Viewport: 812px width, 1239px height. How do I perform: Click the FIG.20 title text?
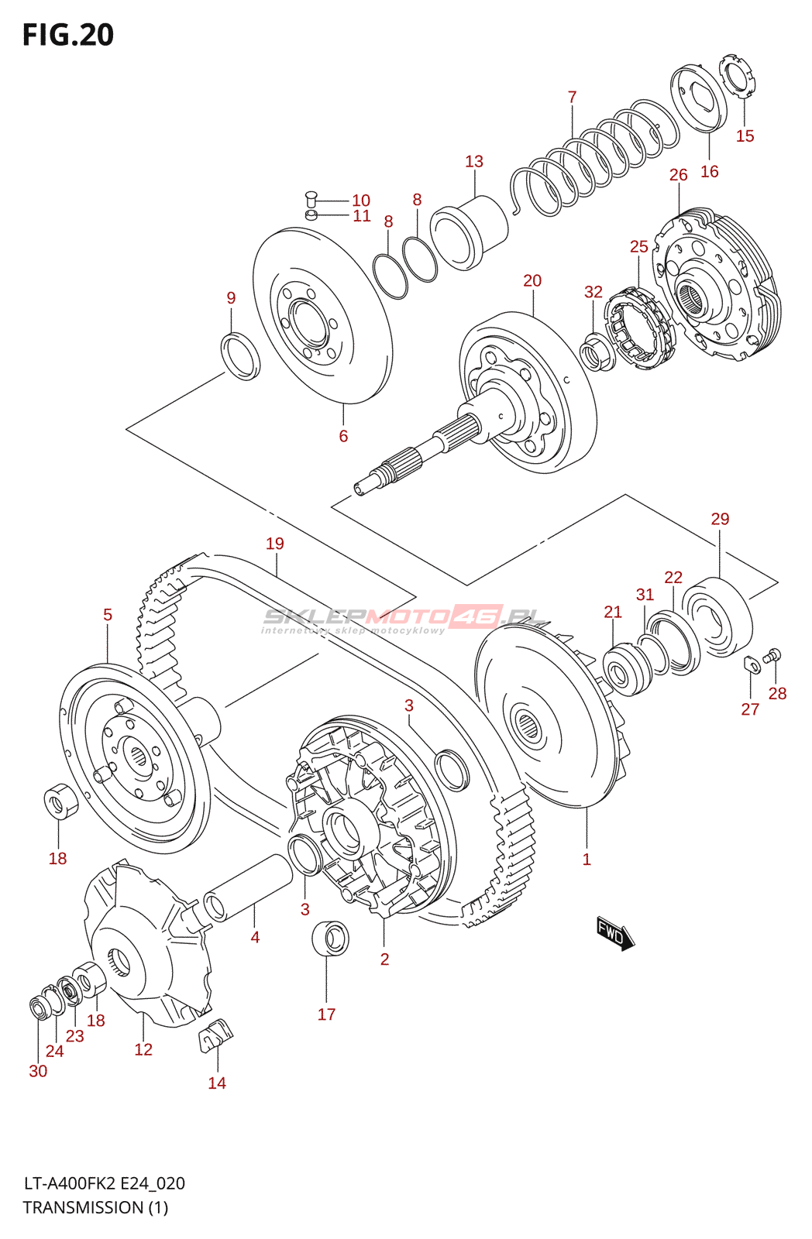[68, 36]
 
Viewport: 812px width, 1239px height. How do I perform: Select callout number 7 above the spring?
[572, 98]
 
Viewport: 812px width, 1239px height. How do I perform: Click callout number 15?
[745, 136]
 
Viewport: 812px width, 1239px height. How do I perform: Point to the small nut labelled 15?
[736, 76]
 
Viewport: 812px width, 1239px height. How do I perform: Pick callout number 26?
[678, 175]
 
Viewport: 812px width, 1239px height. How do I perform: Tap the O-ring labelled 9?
[240, 355]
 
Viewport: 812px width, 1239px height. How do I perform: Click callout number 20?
[532, 281]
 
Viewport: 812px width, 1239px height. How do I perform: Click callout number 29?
[720, 519]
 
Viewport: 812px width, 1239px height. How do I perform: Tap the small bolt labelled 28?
[772, 656]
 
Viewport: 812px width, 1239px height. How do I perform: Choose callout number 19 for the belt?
[275, 544]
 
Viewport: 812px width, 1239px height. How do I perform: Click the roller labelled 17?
[330, 939]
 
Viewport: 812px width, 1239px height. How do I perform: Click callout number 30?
[38, 1071]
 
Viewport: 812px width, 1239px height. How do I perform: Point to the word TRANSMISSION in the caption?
[83, 1207]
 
